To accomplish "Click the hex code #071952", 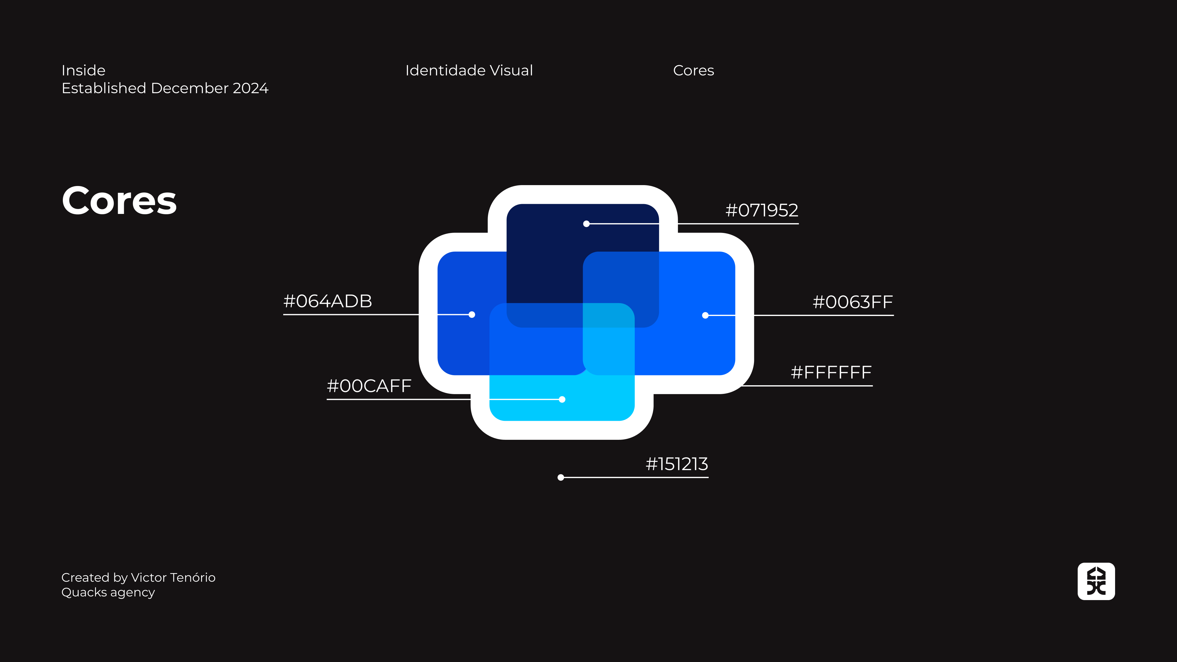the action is tap(762, 211).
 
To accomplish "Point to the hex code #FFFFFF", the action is tap(831, 373).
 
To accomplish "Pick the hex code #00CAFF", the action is tap(369, 386).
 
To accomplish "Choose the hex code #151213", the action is tap(677, 465).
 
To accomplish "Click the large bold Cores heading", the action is tap(119, 201).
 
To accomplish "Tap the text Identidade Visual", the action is tap(469, 70).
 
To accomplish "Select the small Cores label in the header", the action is tap(693, 70).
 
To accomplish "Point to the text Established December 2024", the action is tap(165, 88).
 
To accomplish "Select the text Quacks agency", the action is tap(108, 592).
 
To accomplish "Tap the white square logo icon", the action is tap(1096, 581).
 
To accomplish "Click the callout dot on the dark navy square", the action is tap(586, 224).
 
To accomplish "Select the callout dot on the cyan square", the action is tap(562, 400).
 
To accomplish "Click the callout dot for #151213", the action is tap(561, 478).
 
